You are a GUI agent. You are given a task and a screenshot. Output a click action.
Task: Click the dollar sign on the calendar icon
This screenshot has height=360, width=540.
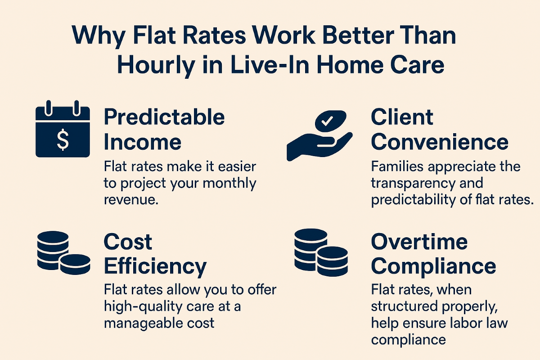(x=63, y=140)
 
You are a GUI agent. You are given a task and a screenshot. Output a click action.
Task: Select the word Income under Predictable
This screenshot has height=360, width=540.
(x=143, y=142)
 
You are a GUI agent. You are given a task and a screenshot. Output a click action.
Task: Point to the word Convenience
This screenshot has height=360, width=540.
(x=440, y=142)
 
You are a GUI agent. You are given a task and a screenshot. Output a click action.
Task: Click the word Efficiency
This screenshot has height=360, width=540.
(x=155, y=267)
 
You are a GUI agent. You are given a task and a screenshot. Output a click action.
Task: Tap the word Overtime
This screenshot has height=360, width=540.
(x=419, y=242)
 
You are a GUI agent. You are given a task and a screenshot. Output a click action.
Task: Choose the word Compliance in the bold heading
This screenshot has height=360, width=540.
(x=433, y=267)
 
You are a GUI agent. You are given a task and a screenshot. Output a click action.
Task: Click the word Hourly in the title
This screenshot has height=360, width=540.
(x=156, y=66)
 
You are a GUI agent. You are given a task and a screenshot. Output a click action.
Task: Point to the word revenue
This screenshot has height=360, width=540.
(x=131, y=200)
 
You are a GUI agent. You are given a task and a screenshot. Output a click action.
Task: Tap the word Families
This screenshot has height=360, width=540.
(x=397, y=166)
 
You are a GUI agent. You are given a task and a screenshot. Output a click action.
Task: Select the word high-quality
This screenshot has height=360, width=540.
(x=139, y=307)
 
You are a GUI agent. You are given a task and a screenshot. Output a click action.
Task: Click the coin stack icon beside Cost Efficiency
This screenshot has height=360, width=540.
(x=63, y=253)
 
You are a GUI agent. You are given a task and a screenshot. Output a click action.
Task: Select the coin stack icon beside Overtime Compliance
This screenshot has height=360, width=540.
(x=321, y=252)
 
